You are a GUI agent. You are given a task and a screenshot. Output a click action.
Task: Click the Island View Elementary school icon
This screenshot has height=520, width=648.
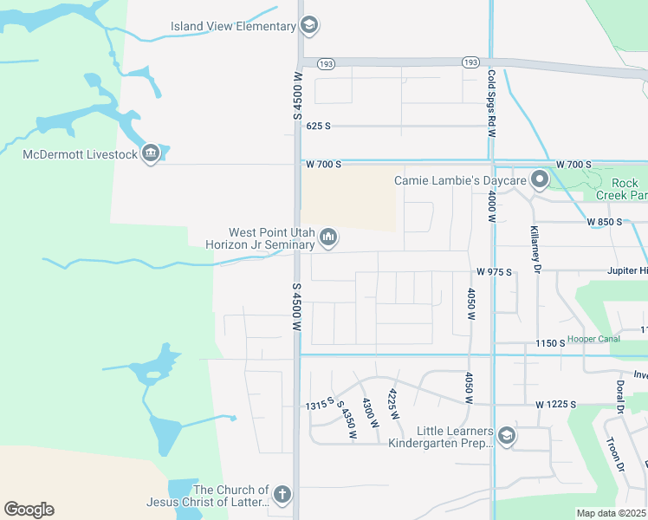point(309,26)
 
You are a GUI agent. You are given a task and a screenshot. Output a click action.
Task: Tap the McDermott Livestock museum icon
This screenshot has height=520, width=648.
point(151,154)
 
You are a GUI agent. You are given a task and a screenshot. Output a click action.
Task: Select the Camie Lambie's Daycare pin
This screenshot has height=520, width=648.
point(541,180)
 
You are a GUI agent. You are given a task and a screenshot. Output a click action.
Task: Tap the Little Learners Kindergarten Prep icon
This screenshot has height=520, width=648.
point(507,436)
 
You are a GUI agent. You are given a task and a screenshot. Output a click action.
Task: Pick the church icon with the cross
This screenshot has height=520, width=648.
point(282,495)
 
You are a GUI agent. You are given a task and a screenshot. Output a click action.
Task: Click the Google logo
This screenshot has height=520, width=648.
point(29,510)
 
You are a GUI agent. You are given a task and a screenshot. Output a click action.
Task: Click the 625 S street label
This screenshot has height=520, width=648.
point(319,126)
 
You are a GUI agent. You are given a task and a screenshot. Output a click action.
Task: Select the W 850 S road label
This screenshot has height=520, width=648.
point(606,222)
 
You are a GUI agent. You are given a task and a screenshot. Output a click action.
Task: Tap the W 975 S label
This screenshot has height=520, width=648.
point(493,272)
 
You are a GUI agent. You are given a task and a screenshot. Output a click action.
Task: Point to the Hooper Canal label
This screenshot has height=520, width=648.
point(593,339)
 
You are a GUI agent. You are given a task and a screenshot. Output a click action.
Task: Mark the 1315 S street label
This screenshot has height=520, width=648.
point(319,406)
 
